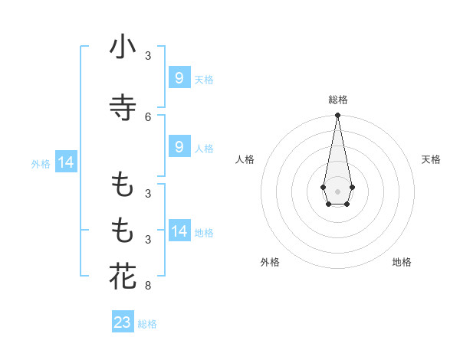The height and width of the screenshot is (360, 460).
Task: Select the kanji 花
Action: pos(123,277)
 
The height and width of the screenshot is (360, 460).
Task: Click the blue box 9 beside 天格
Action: pos(179,77)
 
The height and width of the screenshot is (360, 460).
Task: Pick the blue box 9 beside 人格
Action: pos(179,147)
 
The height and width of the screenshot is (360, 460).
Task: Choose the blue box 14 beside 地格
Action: pos(179,231)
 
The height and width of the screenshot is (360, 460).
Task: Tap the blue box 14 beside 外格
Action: pos(65,162)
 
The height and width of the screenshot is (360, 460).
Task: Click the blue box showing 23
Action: pos(123,322)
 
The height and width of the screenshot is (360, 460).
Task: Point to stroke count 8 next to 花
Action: pos(148,286)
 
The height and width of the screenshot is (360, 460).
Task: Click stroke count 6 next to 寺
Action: pos(148,116)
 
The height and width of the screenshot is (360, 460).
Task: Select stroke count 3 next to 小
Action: pos(148,56)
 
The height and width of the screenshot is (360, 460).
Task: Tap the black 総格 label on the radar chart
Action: pos(337,100)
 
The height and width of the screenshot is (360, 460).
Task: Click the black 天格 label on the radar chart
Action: pos(431,159)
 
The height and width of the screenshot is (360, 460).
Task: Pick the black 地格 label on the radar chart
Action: pos(402,262)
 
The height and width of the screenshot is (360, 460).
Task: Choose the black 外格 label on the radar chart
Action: pos(271,262)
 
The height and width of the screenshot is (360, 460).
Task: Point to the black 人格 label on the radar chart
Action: pos(245,159)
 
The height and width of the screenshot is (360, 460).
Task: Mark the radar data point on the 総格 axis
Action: pos(337,116)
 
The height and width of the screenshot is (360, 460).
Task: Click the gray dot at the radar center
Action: pos(337,191)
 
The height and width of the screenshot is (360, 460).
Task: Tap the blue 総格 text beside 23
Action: pos(147,324)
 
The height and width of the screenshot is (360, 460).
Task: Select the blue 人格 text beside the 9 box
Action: pos(204,149)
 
